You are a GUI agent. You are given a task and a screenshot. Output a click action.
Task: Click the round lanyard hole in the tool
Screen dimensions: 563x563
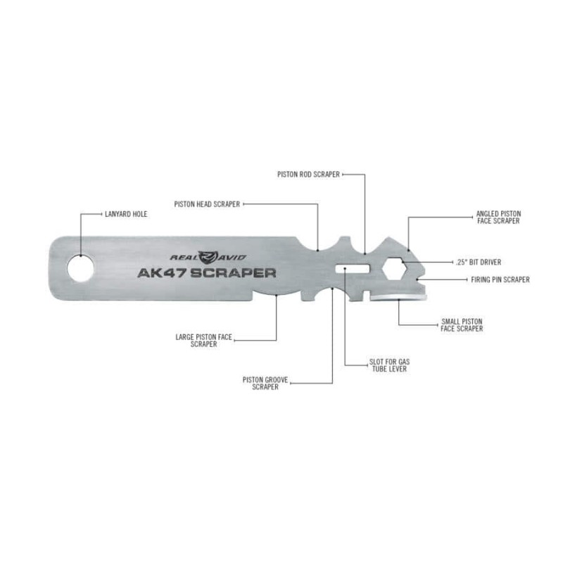[80, 268]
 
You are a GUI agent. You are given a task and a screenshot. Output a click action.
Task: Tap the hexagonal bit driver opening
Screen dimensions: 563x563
[395, 269]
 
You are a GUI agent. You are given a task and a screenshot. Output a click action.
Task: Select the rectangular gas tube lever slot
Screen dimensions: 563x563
[353, 269]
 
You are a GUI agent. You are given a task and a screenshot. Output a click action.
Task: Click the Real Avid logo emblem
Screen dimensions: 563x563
[208, 257]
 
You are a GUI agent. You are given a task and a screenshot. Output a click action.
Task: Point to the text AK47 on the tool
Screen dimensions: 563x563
[162, 273]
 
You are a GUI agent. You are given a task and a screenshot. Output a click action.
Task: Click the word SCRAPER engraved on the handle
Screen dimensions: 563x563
[233, 273]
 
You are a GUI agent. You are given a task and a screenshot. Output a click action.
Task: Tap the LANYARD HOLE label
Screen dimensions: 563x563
[126, 214]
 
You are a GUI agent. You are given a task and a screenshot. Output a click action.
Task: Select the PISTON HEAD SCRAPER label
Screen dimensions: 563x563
[207, 204]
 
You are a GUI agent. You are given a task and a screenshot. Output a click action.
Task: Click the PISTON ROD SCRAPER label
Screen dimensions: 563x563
[308, 175]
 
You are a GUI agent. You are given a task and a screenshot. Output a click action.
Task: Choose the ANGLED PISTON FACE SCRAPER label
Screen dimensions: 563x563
[498, 217]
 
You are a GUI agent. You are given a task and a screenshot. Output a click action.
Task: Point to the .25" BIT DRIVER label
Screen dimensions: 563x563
[479, 262]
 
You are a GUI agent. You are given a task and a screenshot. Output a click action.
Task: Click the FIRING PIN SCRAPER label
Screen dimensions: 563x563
[500, 279]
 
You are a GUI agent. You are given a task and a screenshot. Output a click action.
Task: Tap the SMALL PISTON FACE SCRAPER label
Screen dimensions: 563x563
[462, 325]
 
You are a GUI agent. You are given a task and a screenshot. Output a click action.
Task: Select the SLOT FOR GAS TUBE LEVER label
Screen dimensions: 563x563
[390, 365]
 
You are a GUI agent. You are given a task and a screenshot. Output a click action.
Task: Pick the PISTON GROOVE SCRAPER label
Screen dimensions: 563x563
[265, 384]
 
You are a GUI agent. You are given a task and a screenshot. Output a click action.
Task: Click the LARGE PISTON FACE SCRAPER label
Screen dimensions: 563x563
[204, 341]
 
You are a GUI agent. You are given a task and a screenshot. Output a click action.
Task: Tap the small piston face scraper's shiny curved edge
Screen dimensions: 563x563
[398, 297]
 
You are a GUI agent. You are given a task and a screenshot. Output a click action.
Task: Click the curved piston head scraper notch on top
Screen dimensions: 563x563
[317, 244]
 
